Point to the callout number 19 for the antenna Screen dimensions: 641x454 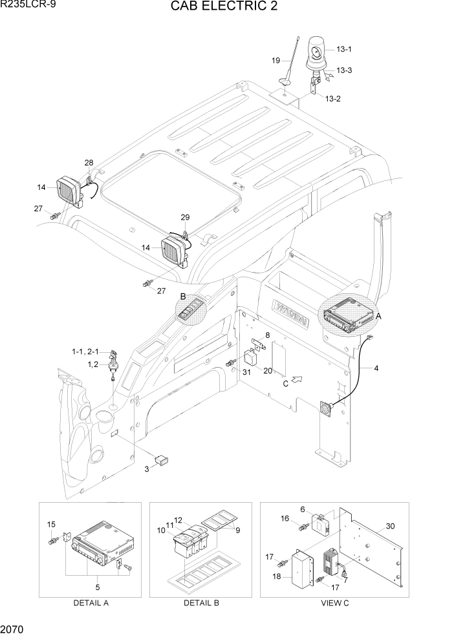coord(276,60)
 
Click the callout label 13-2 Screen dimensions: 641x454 coord(332,98)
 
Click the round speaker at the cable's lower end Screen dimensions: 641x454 coord(325,408)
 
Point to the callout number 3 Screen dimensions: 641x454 coord(147,468)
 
